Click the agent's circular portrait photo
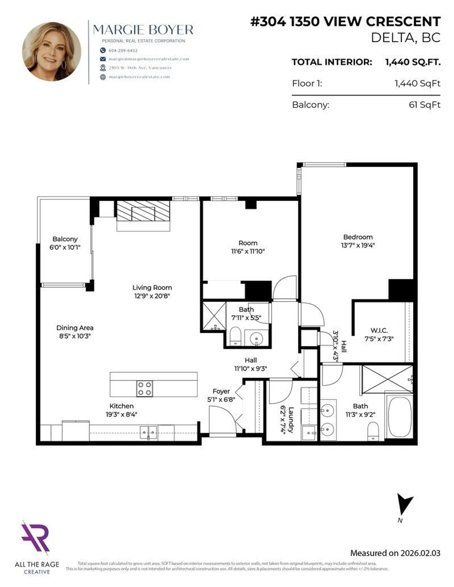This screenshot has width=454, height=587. click(51, 52)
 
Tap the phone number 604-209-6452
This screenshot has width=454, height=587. click(123, 51)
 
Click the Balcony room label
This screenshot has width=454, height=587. click(65, 239)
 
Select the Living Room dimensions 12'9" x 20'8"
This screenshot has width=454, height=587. click(152, 296)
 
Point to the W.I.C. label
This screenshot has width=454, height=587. click(379, 330)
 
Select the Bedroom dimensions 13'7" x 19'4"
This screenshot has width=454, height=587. click(358, 245)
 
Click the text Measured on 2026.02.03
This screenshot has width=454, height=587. click(395, 553)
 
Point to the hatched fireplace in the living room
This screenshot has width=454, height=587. click(143, 214)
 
